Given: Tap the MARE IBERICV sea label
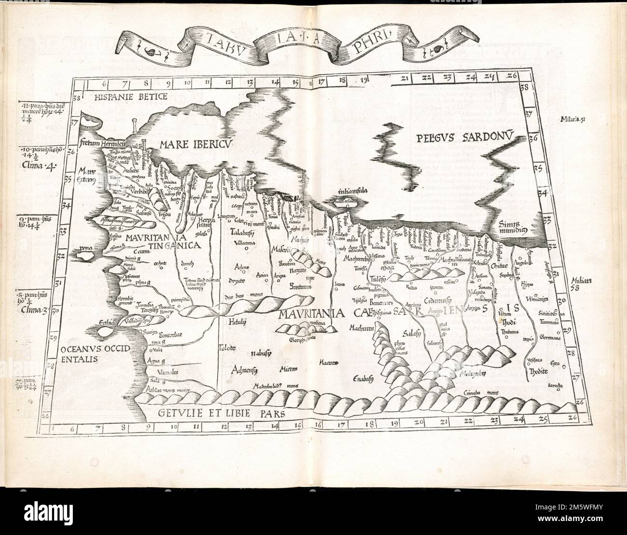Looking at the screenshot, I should pyautogui.click(x=190, y=144).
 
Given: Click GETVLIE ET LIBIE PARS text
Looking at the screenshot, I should pyautogui.click(x=222, y=413).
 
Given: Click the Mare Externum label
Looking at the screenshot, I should pyautogui.click(x=88, y=175).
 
